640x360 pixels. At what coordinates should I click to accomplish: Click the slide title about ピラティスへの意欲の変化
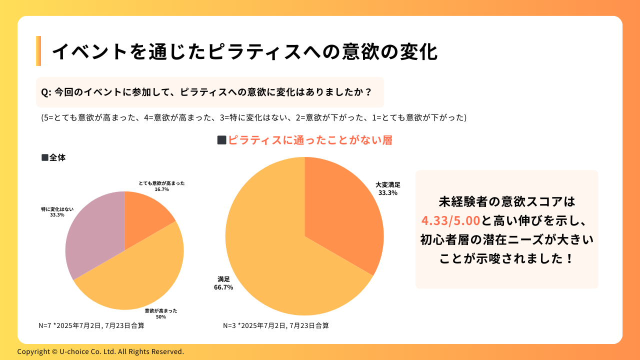[244, 51]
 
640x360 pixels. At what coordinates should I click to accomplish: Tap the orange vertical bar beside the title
[38, 51]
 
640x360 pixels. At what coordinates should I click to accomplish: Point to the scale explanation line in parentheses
[253, 117]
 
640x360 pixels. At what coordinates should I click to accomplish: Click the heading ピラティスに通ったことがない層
[309, 140]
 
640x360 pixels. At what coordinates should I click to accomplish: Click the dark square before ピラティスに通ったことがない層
[221, 140]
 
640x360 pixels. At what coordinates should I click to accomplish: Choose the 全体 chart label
[53, 157]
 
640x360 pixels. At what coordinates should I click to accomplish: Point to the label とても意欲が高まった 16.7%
[161, 186]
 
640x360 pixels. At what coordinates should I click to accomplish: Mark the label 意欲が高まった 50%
[161, 313]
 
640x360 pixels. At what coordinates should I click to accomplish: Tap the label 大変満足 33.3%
[388, 188]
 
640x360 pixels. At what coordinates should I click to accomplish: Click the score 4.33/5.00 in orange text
[450, 220]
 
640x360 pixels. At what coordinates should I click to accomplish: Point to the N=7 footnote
[91, 325]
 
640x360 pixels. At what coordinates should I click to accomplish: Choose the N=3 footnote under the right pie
[276, 325]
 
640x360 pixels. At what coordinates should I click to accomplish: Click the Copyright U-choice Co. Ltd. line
[100, 351]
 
